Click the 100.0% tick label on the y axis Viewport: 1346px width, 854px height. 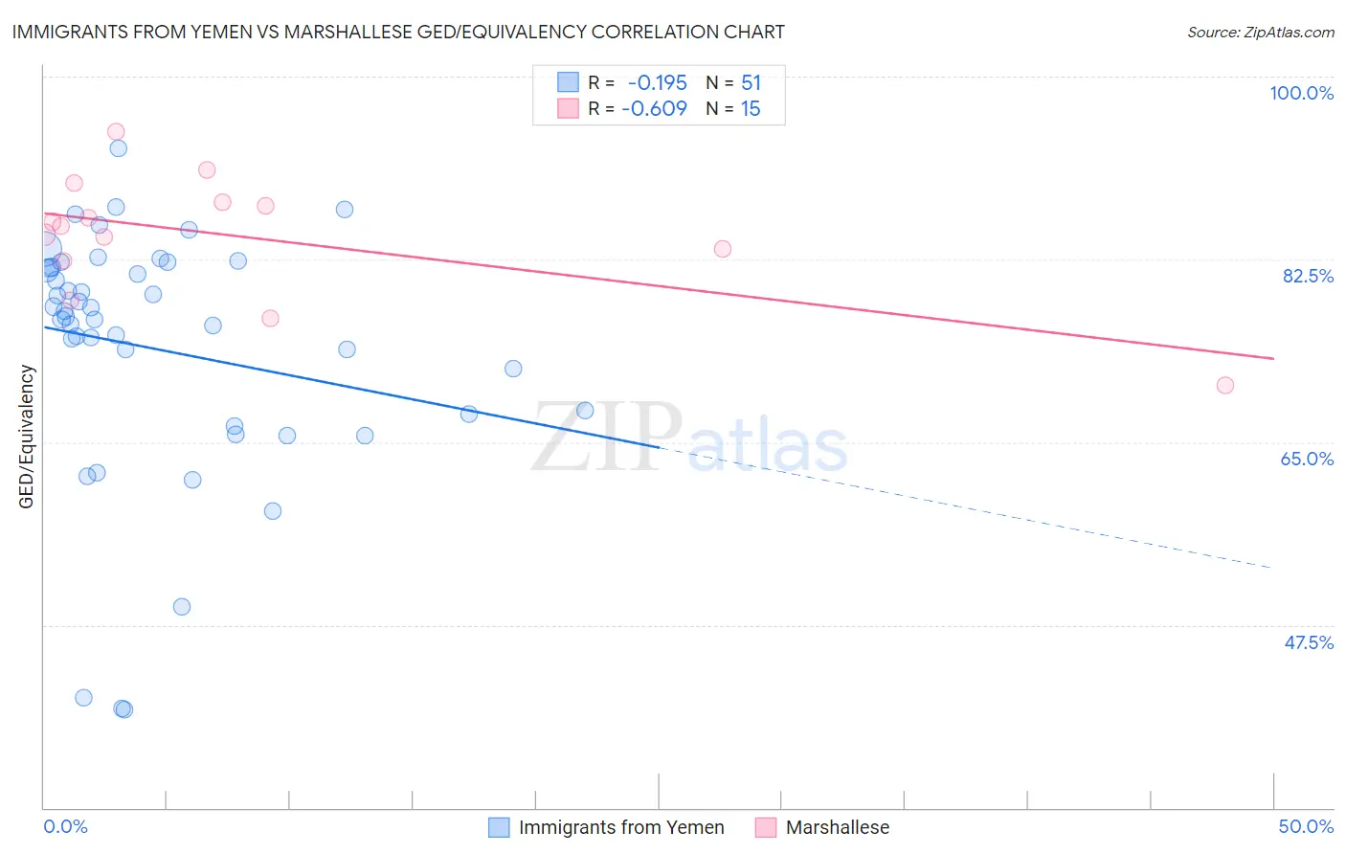(x=1301, y=93)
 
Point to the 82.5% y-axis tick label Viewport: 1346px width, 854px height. (x=1308, y=276)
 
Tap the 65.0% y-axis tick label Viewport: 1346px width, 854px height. (x=1307, y=459)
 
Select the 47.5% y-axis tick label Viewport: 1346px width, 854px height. (x=1308, y=642)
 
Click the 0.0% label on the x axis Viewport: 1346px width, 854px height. (x=65, y=826)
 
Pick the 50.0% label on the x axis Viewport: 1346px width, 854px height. (x=1306, y=826)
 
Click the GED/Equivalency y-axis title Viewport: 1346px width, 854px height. (x=27, y=437)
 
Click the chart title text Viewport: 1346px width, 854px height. (x=398, y=32)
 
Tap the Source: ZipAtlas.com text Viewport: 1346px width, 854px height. (x=1260, y=32)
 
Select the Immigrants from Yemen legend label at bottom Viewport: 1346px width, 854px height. (x=621, y=827)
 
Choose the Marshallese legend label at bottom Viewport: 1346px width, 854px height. (x=838, y=827)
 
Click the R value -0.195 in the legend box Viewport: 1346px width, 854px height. (x=657, y=83)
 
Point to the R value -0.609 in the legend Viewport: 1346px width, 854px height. (x=654, y=109)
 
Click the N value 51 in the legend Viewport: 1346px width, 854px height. (x=751, y=83)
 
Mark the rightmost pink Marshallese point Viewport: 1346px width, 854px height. (x=1224, y=386)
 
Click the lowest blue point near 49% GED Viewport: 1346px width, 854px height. (x=182, y=607)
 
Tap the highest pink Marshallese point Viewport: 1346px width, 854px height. (x=116, y=132)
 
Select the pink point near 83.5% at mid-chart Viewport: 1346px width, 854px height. (x=723, y=249)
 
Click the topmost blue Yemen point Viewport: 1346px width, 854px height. (x=119, y=148)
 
